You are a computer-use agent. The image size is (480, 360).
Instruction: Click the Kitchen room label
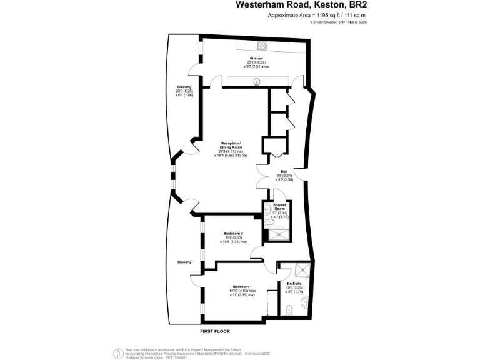247,58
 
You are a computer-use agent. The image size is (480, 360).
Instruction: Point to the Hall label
283,171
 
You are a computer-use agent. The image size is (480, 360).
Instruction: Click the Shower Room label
279,207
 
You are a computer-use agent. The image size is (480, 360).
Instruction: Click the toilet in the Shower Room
268,222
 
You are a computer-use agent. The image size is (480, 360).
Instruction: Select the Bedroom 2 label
232,234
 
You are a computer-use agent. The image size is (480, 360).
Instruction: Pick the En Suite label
294,283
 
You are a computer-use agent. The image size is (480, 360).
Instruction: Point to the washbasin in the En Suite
305,303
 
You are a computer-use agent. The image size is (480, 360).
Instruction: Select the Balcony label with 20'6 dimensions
184,86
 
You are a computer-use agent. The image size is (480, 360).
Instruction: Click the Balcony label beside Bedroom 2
184,262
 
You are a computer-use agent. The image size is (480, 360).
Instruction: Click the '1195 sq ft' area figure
313,14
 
